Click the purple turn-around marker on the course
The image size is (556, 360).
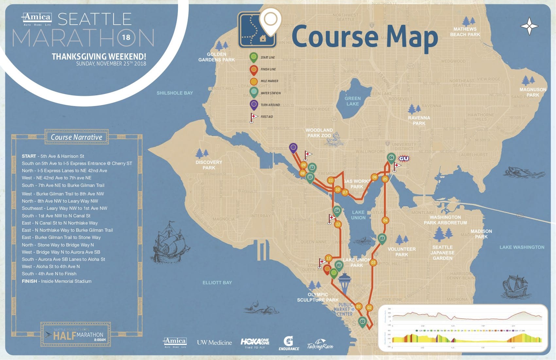tap(293, 148)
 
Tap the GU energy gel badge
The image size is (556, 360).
tap(404, 158)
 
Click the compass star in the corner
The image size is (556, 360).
tap(529, 26)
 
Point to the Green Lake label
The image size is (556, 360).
tap(353, 101)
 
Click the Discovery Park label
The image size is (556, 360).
tap(209, 165)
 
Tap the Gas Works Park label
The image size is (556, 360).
tap(357, 184)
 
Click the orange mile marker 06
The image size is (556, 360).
tap(374, 177)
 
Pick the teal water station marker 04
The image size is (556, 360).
tap(391, 158)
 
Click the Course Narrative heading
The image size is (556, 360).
tap(77, 137)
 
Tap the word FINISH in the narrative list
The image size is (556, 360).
tap(29, 281)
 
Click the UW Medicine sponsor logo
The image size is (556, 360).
tap(214, 343)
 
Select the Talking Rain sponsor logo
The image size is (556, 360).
tap(320, 345)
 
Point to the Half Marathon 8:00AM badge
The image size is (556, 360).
tap(76, 334)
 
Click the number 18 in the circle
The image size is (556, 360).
tap(126, 37)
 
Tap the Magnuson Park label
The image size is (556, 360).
tap(533, 92)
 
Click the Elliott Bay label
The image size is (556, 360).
tap(217, 282)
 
